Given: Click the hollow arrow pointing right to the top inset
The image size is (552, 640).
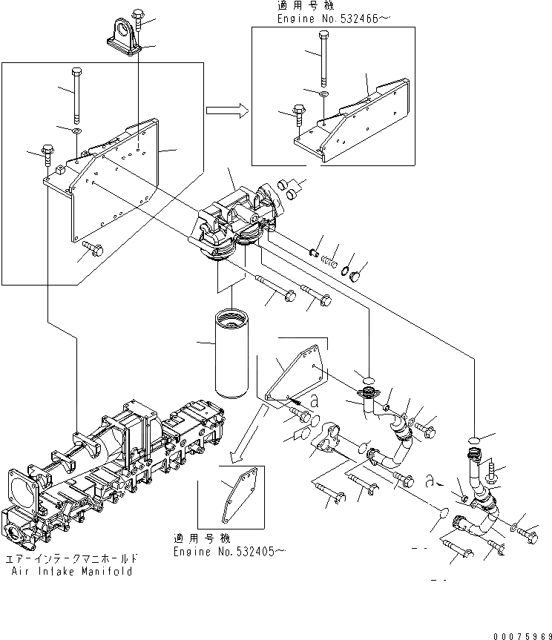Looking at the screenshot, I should pos(226,110).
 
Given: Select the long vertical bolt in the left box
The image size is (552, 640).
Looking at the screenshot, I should pos(77,95).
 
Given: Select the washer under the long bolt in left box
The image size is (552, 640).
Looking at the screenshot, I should pos(76,131).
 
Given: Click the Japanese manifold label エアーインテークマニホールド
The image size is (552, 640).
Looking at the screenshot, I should pos(72,558).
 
